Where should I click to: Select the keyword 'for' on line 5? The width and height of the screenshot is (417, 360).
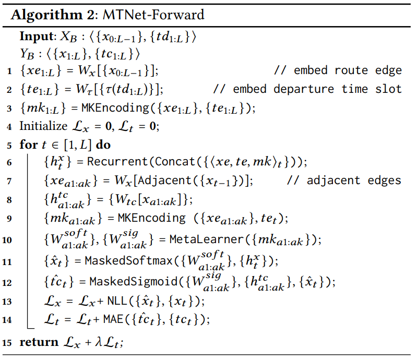click(28, 145)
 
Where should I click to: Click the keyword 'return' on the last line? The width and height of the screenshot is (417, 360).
click(39, 342)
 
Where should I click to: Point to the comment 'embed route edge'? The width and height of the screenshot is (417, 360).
click(348, 70)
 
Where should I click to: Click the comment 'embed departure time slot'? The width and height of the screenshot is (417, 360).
click(317, 89)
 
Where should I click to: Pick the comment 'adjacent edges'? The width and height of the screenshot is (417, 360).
click(354, 181)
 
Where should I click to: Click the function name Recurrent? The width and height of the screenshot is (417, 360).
click(111, 162)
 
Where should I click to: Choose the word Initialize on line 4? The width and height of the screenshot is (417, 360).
click(43, 126)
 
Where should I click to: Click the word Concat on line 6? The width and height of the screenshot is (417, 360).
click(167, 162)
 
